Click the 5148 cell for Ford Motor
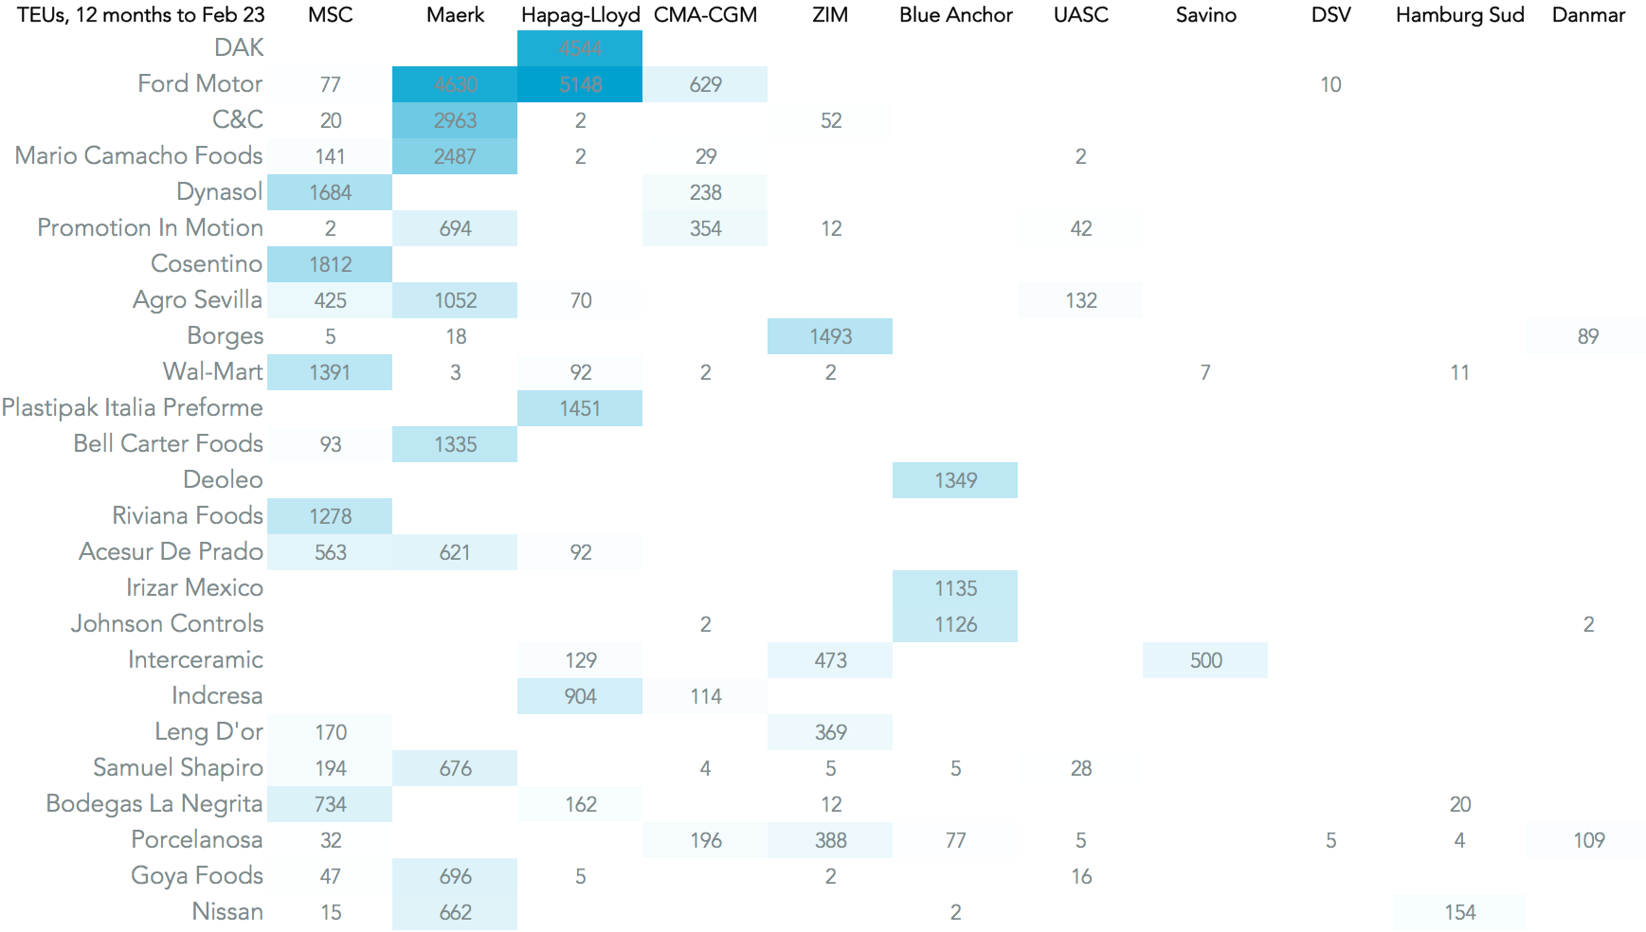(580, 84)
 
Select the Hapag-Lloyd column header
(580, 15)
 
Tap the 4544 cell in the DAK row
(580, 48)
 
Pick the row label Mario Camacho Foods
(138, 155)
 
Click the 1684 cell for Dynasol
(330, 192)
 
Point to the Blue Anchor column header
(955, 15)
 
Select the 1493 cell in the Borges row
(830, 336)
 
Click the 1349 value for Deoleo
(955, 480)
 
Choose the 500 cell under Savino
(1205, 660)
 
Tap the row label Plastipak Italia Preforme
(133, 407)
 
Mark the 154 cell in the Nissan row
(1459, 912)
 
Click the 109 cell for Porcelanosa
(1588, 840)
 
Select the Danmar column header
(1588, 15)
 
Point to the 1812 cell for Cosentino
(330, 264)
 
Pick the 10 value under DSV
(1330, 84)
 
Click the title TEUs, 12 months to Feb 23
(141, 15)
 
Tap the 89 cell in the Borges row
(1588, 336)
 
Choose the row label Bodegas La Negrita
(154, 803)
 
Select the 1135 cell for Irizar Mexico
(955, 588)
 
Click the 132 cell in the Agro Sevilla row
(1080, 300)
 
